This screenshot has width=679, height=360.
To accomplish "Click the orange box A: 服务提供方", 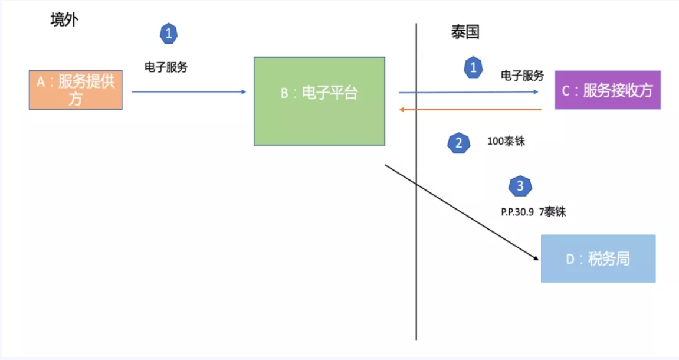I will click(x=76, y=90).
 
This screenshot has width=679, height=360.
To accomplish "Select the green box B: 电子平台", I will click(x=319, y=101).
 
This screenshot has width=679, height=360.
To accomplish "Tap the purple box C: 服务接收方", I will click(x=607, y=90).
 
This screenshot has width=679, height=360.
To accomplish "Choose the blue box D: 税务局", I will click(x=598, y=258).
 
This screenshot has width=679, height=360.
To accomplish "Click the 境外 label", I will click(x=64, y=20).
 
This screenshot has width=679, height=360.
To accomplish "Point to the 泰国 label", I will click(x=465, y=32).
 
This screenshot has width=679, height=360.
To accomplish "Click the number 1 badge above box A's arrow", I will click(x=169, y=34).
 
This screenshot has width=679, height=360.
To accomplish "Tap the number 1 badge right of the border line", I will click(x=472, y=68).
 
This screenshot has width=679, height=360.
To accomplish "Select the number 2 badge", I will click(x=458, y=143).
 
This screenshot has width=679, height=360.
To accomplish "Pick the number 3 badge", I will click(x=520, y=186).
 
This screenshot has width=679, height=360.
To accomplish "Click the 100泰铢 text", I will click(x=506, y=142).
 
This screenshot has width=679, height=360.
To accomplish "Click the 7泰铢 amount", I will click(x=552, y=212).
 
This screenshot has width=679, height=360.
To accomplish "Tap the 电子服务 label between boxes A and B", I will click(x=166, y=67).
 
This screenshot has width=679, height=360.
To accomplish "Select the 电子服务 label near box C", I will click(x=522, y=76).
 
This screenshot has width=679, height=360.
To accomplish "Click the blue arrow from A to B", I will click(x=189, y=91).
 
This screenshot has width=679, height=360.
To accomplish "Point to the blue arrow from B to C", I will click(x=469, y=92).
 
